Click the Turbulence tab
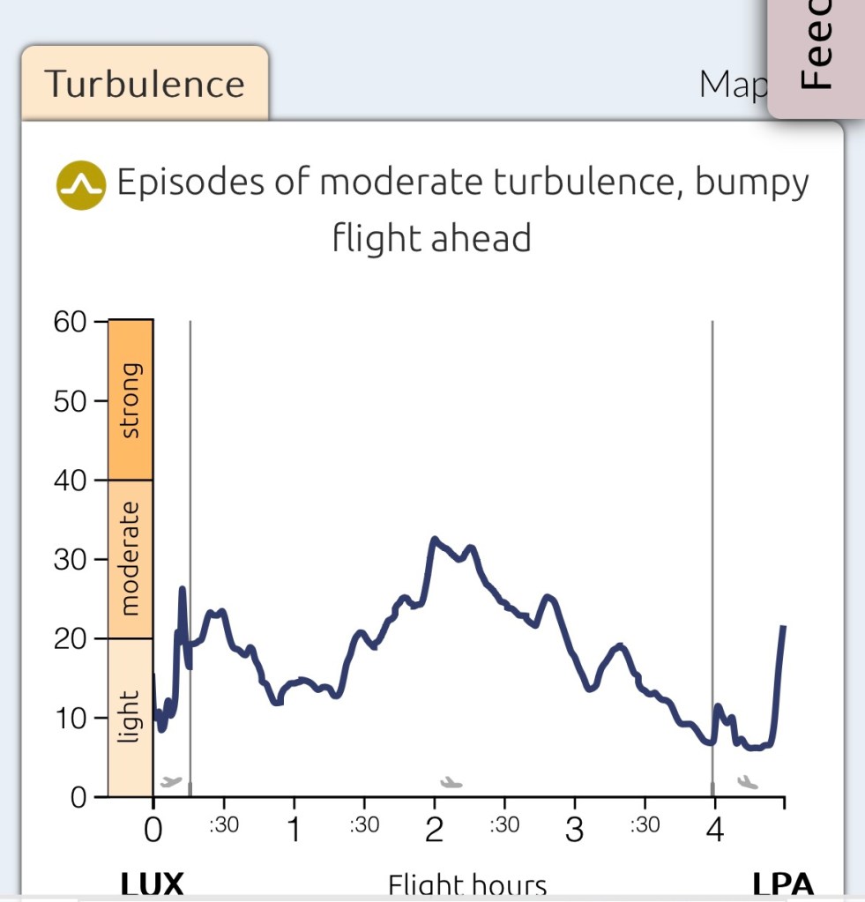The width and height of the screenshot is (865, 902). point(145,84)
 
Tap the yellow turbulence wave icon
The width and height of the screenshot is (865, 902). point(80,185)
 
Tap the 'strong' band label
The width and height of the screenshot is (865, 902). point(130,399)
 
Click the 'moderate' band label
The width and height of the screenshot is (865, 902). point(130,558)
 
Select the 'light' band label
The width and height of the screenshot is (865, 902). point(130,717)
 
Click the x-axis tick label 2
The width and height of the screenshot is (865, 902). point(434,831)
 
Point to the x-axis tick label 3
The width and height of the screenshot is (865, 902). point(574,831)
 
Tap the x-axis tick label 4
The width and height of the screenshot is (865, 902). point(714,831)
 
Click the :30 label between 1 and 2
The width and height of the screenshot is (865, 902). point(363,825)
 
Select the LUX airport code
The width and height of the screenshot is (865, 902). point(152,884)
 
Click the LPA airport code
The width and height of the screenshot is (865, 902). point(782,884)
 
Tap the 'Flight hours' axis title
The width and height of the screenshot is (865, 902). point(467,885)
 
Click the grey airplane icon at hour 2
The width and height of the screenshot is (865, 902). point(451,781)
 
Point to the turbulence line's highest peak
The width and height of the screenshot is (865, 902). point(434,539)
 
